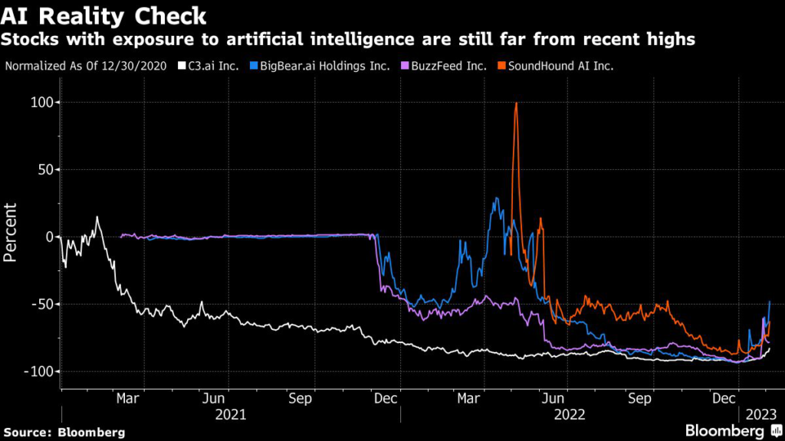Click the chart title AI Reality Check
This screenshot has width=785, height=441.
tap(104, 15)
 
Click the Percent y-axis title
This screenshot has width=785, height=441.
tap(11, 232)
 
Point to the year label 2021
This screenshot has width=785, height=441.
tap(230, 415)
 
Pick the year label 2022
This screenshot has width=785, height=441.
tap(569, 415)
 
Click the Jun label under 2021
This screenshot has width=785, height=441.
tap(215, 398)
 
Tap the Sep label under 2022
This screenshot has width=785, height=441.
tap(639, 398)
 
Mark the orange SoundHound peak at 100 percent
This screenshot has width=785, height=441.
tap(516, 103)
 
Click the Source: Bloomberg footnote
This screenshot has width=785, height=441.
tap(64, 433)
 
